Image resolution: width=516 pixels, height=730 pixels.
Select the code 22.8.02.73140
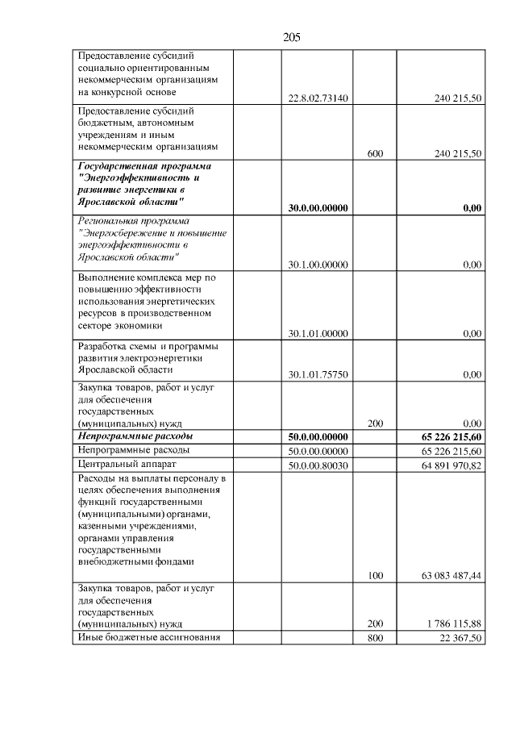coord(318,99)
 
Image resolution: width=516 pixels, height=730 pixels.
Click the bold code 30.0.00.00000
coord(318,208)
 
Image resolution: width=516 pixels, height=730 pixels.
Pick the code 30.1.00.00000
coord(318,265)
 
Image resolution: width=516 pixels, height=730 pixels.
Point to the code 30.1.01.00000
coord(318,333)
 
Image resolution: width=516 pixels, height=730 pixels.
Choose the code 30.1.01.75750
coord(318,374)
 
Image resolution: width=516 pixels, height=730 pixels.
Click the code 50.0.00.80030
coord(318,465)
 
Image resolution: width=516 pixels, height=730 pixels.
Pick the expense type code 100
coord(374,576)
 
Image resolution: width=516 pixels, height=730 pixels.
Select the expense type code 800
coord(374,638)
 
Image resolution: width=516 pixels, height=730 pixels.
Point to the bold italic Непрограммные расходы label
coord(133,436)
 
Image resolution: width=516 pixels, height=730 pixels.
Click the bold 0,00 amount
coord(472,208)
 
